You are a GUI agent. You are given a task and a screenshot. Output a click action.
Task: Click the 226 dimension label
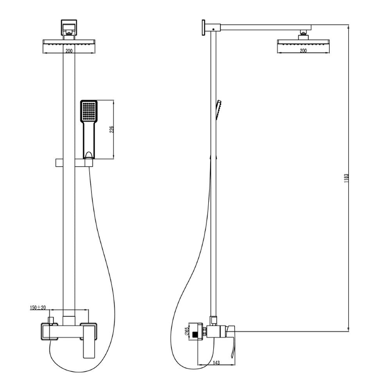tap(111, 129)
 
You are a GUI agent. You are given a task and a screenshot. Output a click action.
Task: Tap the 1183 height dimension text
tap(346, 178)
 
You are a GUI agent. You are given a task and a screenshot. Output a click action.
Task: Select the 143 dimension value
tap(217, 363)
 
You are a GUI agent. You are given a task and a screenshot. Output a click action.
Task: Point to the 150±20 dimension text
tap(38, 307)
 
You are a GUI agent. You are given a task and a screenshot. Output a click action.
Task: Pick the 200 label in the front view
tap(69, 51)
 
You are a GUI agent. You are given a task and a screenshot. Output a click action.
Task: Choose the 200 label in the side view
tap(303, 50)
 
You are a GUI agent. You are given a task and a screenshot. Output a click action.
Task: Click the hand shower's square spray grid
tap(88, 111)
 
